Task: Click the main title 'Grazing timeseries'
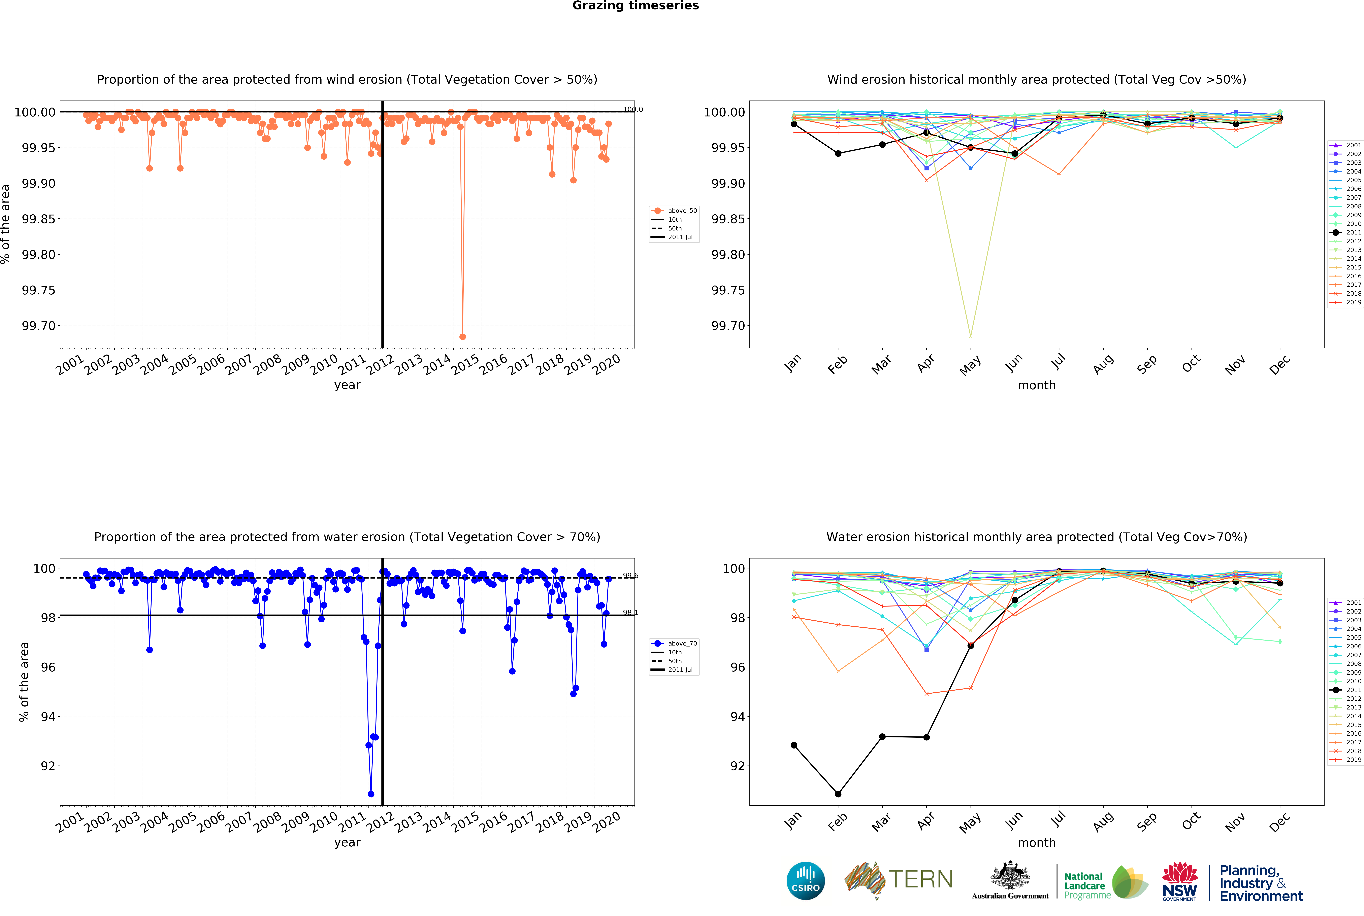point(635,6)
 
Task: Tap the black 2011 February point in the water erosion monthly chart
point(838,794)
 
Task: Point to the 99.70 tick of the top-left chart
point(39,326)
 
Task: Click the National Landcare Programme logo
point(1105,882)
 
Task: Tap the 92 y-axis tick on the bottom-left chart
point(48,766)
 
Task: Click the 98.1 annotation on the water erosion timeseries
point(630,612)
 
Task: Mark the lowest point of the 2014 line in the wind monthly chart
point(971,336)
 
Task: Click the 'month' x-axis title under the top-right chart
point(1036,386)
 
